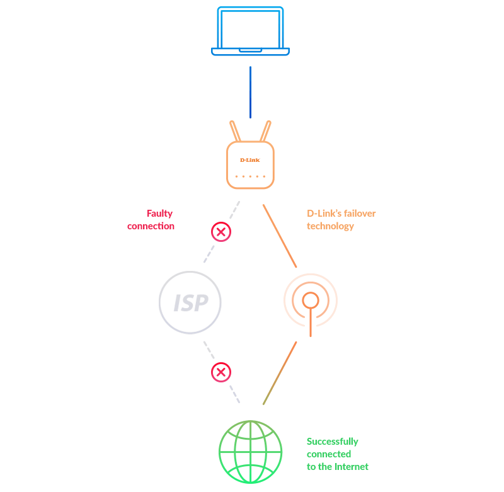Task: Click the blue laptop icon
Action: pyautogui.click(x=251, y=31)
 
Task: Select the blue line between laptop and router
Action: pyautogui.click(x=251, y=92)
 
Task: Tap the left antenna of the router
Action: pyautogui.click(x=236, y=131)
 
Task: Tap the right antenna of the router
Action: pyautogui.click(x=265, y=131)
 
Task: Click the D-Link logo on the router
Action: pyautogui.click(x=250, y=160)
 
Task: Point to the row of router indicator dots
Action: pyautogui.click(x=250, y=176)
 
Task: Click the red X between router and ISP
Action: pyautogui.click(x=220, y=232)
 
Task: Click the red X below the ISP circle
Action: pyautogui.click(x=220, y=372)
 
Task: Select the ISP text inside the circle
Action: pyautogui.click(x=190, y=303)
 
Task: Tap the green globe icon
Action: pyautogui.click(x=251, y=452)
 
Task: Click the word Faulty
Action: pyautogui.click(x=159, y=214)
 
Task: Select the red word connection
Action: pyautogui.click(x=151, y=226)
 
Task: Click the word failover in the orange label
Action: pyautogui.click(x=360, y=214)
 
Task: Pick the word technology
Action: pyautogui.click(x=331, y=226)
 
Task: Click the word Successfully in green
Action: pyautogui.click(x=333, y=442)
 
